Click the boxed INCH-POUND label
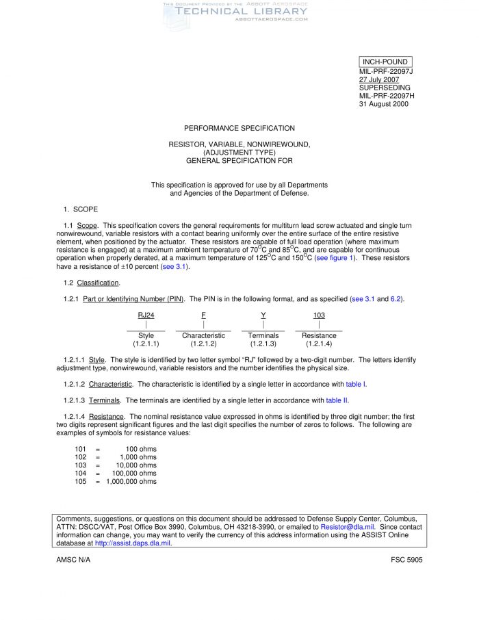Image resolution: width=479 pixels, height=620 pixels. (x=385, y=62)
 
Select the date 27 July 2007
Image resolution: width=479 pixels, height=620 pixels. (x=379, y=79)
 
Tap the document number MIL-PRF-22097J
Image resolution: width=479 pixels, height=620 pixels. (x=387, y=71)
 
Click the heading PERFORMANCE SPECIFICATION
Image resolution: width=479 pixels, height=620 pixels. (x=239, y=128)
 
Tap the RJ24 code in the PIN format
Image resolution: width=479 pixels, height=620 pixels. (x=146, y=315)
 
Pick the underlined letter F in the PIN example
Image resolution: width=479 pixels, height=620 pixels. (x=203, y=315)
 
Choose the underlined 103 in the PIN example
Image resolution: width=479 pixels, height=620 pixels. (x=319, y=315)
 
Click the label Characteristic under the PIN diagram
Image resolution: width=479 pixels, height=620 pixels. (x=203, y=336)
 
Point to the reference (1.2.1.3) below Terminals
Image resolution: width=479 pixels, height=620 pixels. (x=263, y=344)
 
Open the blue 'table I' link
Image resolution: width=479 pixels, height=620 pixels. (x=356, y=384)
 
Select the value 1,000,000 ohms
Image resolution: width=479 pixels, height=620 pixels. (x=131, y=482)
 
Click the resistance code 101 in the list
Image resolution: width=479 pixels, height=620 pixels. (x=81, y=449)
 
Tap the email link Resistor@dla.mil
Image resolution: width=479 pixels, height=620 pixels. (x=347, y=527)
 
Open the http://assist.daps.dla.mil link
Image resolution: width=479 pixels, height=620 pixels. (x=133, y=543)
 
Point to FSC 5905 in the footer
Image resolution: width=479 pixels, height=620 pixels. (x=406, y=560)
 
